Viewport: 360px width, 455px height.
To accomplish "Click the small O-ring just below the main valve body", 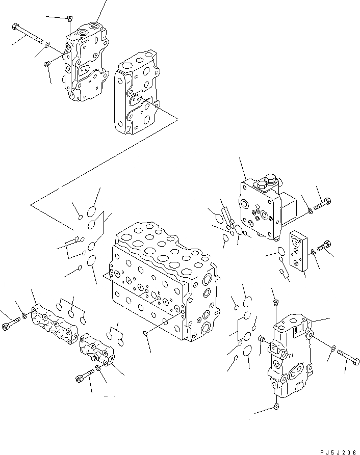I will pos(147,333).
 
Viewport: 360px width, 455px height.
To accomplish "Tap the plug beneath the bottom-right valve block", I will pos(276,406).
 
